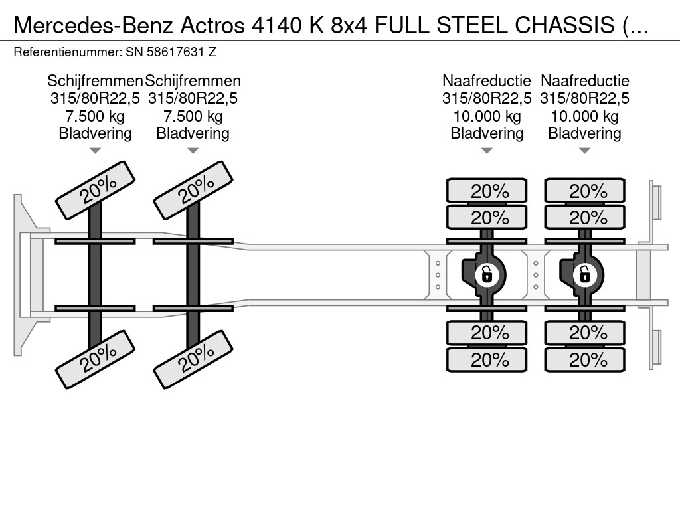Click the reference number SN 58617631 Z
click(171, 51)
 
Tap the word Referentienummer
click(66, 51)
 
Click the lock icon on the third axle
click(487, 274)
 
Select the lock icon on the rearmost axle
click(584, 274)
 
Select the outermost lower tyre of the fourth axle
click(584, 360)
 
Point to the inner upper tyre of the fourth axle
click(584, 217)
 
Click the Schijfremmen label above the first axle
click(95, 81)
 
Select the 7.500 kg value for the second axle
click(193, 116)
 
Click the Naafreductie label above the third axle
click(487, 81)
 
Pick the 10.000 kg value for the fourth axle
click(584, 116)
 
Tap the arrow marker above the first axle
click(95, 151)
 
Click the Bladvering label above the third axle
click(487, 133)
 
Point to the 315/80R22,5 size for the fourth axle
click(584, 99)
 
